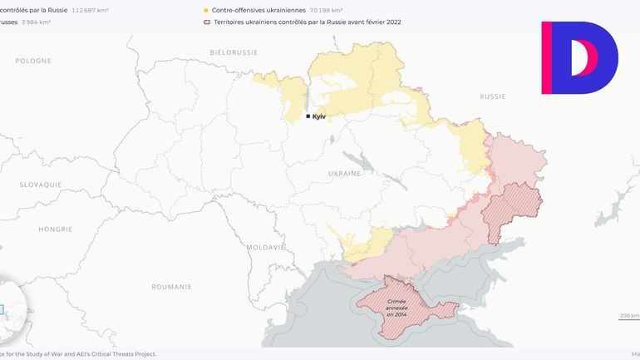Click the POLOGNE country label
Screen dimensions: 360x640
click(33, 61)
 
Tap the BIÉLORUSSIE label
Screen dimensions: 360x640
click(235, 52)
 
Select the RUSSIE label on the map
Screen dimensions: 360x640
click(492, 96)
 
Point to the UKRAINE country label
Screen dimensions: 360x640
click(344, 173)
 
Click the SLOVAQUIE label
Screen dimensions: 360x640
click(41, 184)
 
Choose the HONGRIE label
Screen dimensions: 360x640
click(56, 229)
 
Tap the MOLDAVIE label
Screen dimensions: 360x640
click(266, 247)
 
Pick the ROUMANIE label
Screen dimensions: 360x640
click(171, 286)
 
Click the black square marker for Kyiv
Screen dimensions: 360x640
click(308, 116)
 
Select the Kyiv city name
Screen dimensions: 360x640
click(319, 116)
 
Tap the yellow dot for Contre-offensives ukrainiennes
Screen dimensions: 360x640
click(205, 10)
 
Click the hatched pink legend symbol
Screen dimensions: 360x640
click(205, 22)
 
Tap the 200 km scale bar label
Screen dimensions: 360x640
click(629, 316)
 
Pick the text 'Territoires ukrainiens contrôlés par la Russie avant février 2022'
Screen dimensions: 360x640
click(307, 22)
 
